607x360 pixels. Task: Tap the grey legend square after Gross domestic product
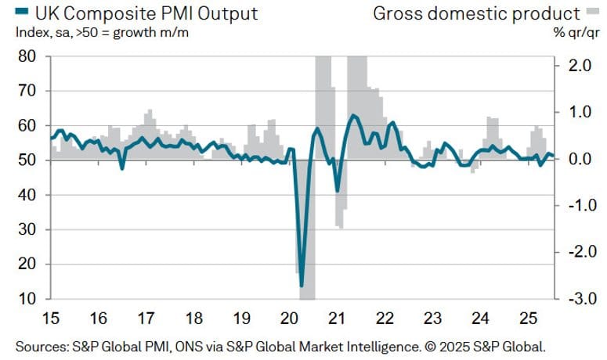click(x=593, y=13)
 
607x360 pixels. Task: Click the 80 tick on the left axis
click(x=26, y=56)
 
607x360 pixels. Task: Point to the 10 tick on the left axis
click(x=26, y=299)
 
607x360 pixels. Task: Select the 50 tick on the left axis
click(x=26, y=160)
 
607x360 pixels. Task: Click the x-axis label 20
click(x=289, y=319)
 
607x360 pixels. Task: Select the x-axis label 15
click(x=51, y=319)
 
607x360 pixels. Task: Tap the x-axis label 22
click(x=384, y=319)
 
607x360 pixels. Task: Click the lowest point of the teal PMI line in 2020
click(x=302, y=286)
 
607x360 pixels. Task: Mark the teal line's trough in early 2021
click(x=338, y=190)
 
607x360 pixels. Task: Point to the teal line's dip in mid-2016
click(x=121, y=167)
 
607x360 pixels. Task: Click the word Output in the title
click(x=226, y=13)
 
